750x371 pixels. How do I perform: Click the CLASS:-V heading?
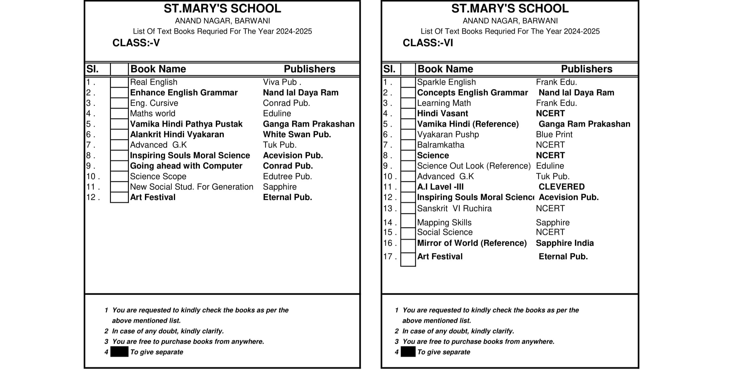point(136,43)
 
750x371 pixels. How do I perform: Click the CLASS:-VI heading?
point(428,43)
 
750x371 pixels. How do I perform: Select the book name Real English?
point(154,82)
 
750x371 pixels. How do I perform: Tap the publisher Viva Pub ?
point(282,82)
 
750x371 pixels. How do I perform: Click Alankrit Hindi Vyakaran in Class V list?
point(177,135)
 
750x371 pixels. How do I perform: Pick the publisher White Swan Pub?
point(297,135)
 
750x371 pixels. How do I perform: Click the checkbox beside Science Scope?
point(119,177)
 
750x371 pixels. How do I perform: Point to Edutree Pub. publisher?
point(287,177)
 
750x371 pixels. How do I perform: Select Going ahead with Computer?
point(186,166)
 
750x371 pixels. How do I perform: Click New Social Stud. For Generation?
point(191,187)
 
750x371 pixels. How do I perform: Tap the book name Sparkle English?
point(446,82)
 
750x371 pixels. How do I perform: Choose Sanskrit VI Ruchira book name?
point(454,209)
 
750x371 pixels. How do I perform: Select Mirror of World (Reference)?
point(472,243)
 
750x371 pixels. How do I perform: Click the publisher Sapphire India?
point(565,243)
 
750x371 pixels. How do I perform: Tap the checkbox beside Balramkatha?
point(408,145)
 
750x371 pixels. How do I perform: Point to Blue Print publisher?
point(554,135)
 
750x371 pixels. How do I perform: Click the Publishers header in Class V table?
point(309,69)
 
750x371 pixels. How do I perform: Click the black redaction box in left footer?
point(119,352)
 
